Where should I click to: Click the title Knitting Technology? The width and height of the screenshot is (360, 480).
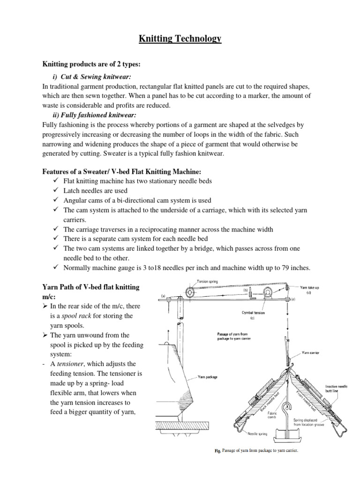point(180,39)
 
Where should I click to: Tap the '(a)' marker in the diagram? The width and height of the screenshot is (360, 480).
point(163,295)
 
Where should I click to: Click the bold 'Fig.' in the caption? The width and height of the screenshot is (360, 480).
point(217,451)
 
